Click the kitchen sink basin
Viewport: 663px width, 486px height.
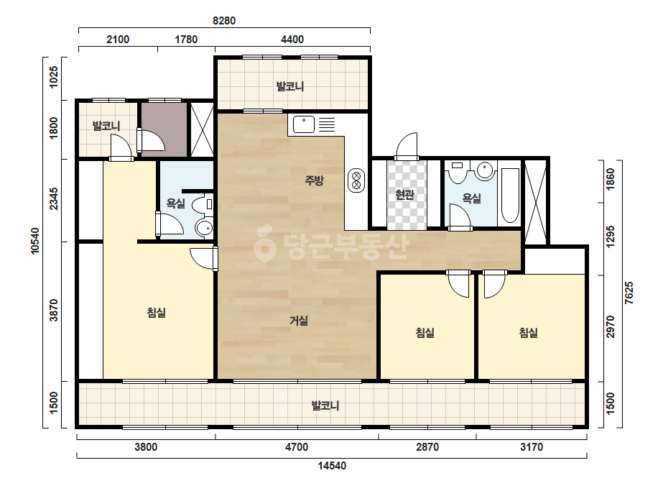pos(304,124)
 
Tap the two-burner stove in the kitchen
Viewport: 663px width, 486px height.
pos(356,180)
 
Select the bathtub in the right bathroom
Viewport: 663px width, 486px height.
pos(509,196)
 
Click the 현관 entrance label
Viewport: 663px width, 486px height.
pos(404,195)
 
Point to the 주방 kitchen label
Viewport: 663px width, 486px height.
pos(314,180)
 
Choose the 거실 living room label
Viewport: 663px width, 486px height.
pos(299,321)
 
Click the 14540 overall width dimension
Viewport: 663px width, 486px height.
pos(332,466)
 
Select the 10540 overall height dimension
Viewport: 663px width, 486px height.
pos(34,242)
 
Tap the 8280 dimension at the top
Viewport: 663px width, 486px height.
pos(223,20)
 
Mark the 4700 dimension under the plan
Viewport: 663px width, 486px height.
pos(297,447)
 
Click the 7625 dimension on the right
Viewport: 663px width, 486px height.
pos(629,293)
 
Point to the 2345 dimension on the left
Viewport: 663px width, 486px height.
pos(53,199)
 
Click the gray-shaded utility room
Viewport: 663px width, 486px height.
pos(164,129)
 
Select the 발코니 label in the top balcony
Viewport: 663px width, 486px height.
pos(290,86)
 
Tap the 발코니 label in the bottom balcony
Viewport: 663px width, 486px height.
pos(325,405)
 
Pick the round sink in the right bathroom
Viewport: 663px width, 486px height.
pos(485,170)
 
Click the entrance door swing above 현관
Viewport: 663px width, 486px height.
pos(407,146)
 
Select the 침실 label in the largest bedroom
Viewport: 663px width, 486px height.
pos(156,313)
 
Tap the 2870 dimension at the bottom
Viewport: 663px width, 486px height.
pos(427,447)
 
